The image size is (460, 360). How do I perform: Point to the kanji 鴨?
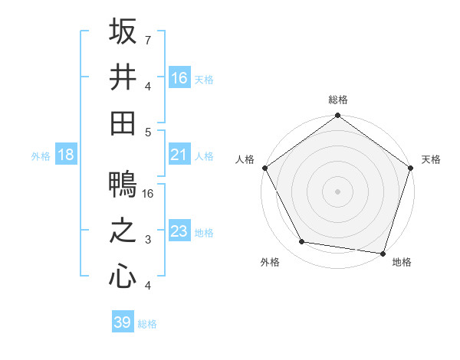tap(123, 185)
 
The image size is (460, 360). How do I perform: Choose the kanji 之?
tap(123, 231)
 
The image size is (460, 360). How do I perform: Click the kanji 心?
tap(123, 276)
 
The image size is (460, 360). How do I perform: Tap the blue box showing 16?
tap(179, 77)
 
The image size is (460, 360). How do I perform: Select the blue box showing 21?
tap(179, 155)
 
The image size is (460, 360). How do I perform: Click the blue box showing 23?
tap(179, 231)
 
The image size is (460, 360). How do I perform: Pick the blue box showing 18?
tap(66, 155)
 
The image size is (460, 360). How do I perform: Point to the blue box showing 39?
tap(123, 322)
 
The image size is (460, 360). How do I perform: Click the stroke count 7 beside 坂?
tap(148, 40)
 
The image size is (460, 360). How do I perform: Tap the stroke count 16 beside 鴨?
tap(149, 194)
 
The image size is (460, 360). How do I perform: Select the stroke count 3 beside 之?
tap(148, 240)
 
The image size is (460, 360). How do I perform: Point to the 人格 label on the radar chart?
tap(246, 159)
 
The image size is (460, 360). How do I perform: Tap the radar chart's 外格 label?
tap(269, 262)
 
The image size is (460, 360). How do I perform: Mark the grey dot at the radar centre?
tap(337, 191)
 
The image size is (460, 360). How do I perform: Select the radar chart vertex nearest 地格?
tap(383, 253)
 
